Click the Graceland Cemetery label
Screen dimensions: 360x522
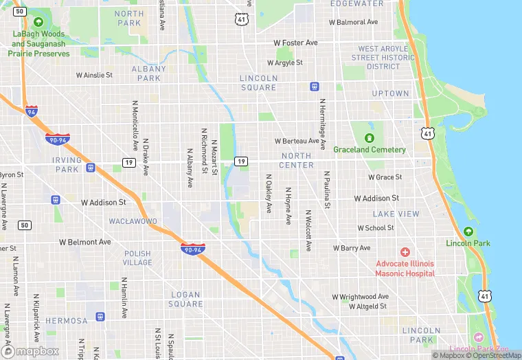(x=370, y=149)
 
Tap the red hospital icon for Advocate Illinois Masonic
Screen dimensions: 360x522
(x=405, y=253)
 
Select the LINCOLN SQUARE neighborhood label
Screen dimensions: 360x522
(x=258, y=83)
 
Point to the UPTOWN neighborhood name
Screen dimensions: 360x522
(x=390, y=93)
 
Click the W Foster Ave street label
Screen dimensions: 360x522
(x=295, y=43)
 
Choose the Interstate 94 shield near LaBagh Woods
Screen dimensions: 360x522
(x=31, y=111)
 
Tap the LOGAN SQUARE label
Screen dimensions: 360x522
(x=186, y=299)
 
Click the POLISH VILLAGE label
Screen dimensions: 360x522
(x=137, y=258)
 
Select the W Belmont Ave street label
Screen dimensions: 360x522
(x=85, y=242)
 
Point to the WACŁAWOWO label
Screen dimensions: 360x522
(x=133, y=222)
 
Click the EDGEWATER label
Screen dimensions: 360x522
(x=356, y=4)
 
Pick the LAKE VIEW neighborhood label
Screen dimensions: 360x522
(x=396, y=214)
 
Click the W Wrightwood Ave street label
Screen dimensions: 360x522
(x=360, y=297)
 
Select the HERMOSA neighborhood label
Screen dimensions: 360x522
(x=67, y=321)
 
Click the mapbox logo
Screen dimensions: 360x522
(x=31, y=350)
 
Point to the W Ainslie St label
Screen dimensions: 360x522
(x=94, y=75)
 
